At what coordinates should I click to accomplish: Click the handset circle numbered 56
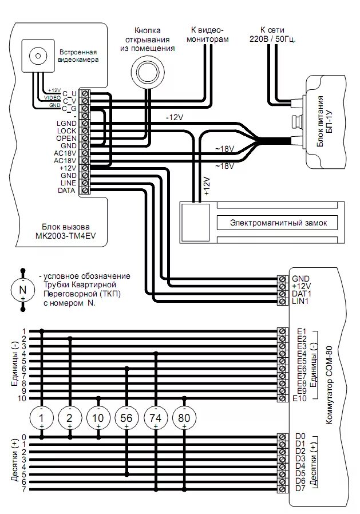click(126, 418)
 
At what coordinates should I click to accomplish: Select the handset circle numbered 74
click(156, 418)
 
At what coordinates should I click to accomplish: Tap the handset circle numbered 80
click(184, 418)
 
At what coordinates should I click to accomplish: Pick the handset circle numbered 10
click(98, 418)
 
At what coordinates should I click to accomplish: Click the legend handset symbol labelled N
click(23, 290)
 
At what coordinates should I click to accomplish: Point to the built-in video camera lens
click(38, 56)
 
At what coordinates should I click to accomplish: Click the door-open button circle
click(147, 72)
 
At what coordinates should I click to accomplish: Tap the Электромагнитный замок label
click(278, 223)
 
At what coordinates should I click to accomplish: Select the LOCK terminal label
click(66, 131)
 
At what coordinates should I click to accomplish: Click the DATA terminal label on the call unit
click(66, 191)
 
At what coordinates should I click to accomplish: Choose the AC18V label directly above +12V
click(65, 161)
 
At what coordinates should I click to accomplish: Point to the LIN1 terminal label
click(300, 301)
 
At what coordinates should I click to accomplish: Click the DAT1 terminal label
click(301, 294)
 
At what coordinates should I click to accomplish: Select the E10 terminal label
click(299, 398)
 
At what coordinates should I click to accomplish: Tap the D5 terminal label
click(300, 474)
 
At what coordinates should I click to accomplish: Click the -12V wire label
click(174, 117)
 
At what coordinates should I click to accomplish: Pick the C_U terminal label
click(69, 94)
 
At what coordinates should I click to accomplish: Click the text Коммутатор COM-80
click(329, 385)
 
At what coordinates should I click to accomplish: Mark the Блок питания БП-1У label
click(324, 121)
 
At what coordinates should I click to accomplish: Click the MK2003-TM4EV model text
click(66, 236)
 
